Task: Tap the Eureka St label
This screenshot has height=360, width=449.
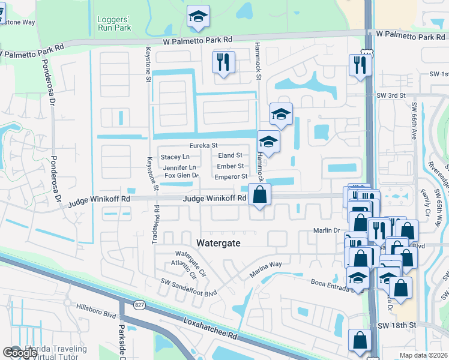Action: click(x=203, y=145)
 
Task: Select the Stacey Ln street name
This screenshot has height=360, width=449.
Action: click(x=175, y=157)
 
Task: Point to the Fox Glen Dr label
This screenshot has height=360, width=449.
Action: click(x=181, y=176)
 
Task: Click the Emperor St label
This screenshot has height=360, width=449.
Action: click(x=231, y=176)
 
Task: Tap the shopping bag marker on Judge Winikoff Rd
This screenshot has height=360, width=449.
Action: click(x=259, y=195)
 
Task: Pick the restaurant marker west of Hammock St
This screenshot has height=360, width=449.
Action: click(x=223, y=61)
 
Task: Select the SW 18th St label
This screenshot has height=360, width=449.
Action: click(x=397, y=325)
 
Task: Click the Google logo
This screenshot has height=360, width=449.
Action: click(x=20, y=353)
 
